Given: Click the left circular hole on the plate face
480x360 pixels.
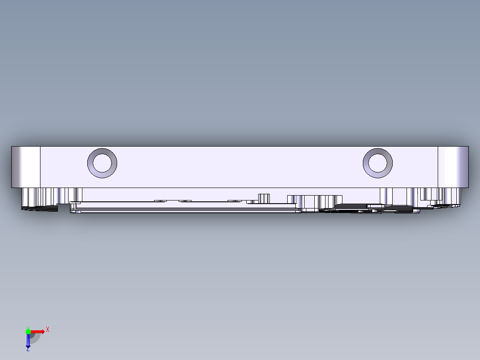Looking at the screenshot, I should point(102,163).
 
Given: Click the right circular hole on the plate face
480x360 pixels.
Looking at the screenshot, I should point(378,163).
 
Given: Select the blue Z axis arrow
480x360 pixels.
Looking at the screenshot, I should point(28,341).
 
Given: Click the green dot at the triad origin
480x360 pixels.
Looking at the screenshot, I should point(28,331).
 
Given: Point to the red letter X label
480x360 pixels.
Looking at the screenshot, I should point(47,329).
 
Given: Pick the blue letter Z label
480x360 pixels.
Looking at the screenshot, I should point(28,349).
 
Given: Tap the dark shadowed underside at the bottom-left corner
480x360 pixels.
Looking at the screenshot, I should point(40,207).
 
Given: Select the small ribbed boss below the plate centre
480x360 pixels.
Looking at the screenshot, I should point(264,198).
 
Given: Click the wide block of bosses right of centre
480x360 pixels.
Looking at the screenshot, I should point(315,201).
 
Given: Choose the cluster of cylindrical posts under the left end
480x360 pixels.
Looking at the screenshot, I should point(52,195).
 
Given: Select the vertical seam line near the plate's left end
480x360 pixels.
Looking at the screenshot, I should point(41,167).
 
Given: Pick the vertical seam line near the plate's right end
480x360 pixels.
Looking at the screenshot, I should point(438,167).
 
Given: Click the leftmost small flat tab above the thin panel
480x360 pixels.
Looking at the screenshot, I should point(160,201).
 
